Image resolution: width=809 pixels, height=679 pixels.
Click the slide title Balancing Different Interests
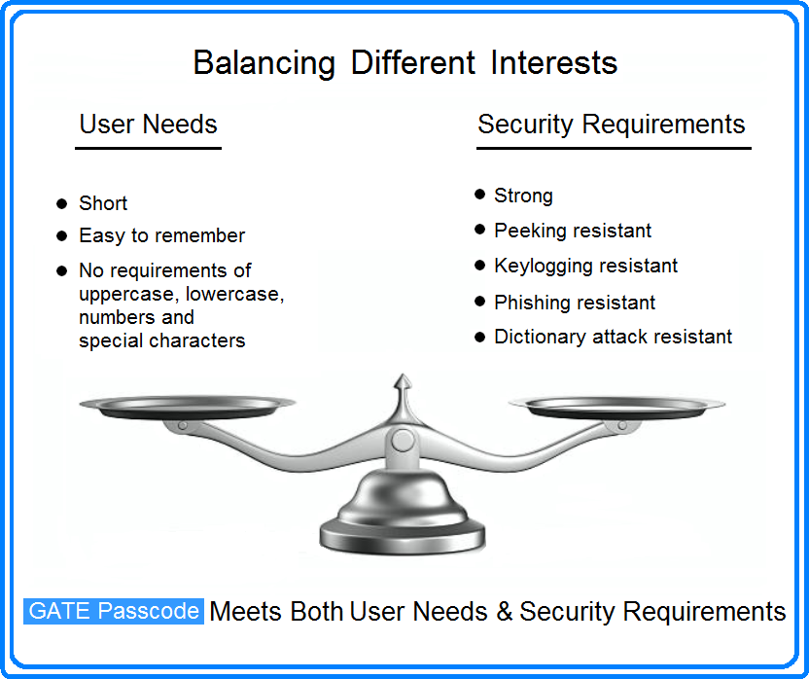pyautogui.click(x=405, y=63)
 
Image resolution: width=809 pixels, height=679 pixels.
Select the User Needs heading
pyautogui.click(x=148, y=125)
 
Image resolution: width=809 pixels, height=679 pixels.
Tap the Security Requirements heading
pyautogui.click(x=612, y=125)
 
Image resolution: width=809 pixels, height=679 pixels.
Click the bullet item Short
pyautogui.click(x=103, y=203)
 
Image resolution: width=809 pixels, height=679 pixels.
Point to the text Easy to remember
pyautogui.click(x=162, y=236)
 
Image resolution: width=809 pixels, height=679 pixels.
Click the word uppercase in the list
pyautogui.click(x=129, y=295)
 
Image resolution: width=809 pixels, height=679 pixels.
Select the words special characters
pyautogui.click(x=162, y=340)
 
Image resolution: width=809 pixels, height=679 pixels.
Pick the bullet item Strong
pyautogui.click(x=523, y=196)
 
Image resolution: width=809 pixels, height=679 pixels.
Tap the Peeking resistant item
pyautogui.click(x=573, y=231)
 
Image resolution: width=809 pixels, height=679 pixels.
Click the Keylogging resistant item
pyautogui.click(x=585, y=266)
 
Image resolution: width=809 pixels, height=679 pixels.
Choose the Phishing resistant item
pyautogui.click(x=575, y=303)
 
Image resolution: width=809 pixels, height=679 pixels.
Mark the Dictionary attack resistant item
pyautogui.click(x=613, y=337)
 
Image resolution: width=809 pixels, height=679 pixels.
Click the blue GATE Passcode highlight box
pyautogui.click(x=114, y=611)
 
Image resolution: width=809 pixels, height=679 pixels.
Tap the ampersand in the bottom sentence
pyautogui.click(x=504, y=611)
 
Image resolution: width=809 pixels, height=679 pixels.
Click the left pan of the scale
pyautogui.click(x=188, y=407)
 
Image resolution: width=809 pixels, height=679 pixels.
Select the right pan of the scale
pyautogui.click(x=617, y=407)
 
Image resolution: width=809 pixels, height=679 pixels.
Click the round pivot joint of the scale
pyautogui.click(x=403, y=442)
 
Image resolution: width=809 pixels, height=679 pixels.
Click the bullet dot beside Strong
pyautogui.click(x=479, y=195)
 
